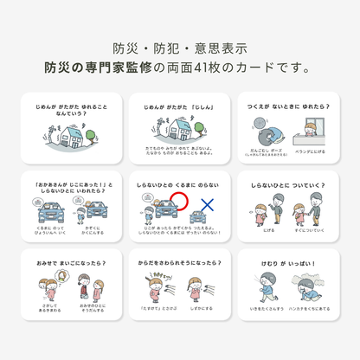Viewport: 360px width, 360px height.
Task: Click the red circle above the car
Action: pos(179,204)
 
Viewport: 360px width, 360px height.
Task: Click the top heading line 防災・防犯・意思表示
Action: pos(179,48)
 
